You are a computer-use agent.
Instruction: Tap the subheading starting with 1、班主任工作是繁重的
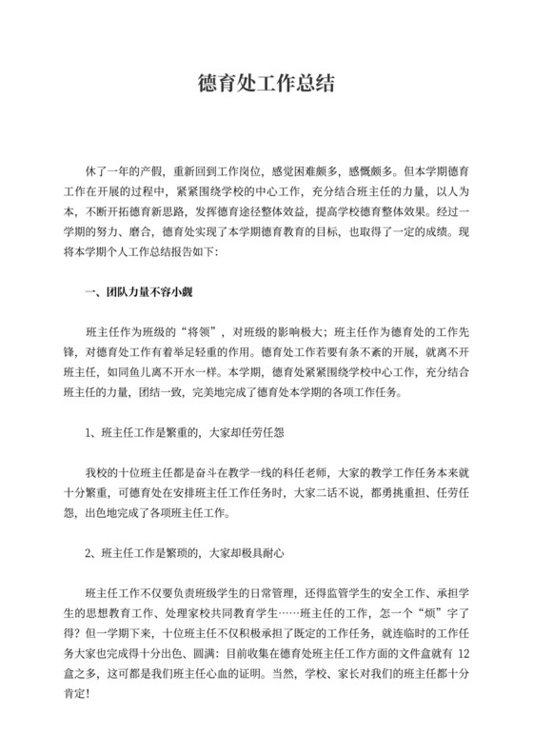tap(187, 431)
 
